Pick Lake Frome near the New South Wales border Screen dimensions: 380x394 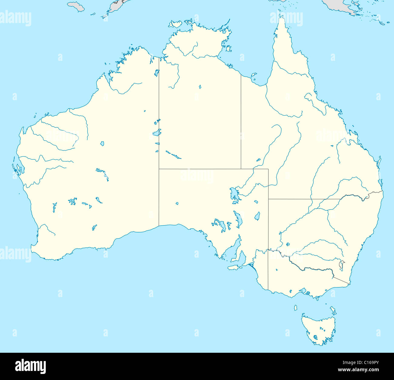point(257,216)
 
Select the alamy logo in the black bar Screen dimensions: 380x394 point(31,366)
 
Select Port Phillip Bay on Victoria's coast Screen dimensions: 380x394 point(303,291)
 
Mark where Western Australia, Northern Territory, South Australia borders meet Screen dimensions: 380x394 point(159,169)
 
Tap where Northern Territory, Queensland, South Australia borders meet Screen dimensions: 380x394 point(241,169)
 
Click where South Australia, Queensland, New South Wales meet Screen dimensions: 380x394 point(268,199)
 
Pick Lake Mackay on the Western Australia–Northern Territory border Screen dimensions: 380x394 point(157,132)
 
